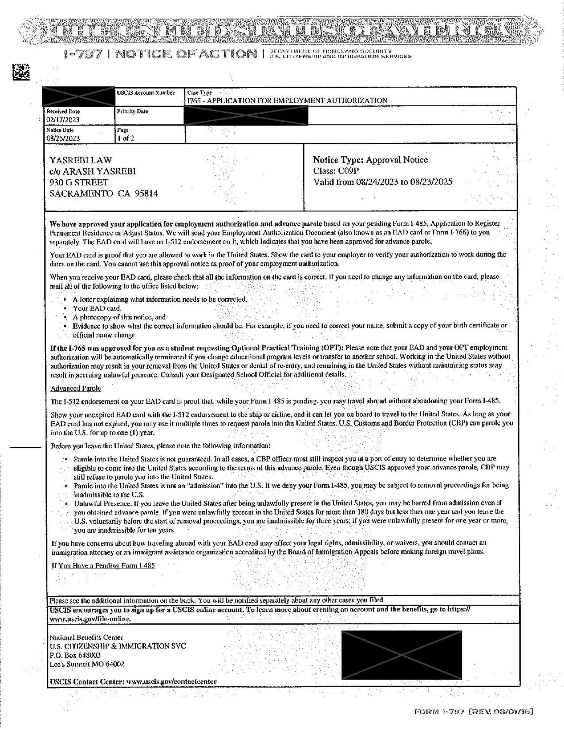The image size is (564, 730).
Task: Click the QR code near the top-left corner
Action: [x=21, y=72]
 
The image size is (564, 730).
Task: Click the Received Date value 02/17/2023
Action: [x=63, y=120]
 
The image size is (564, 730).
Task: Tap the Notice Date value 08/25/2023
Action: [x=63, y=138]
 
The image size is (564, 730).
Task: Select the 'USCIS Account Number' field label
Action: [x=146, y=93]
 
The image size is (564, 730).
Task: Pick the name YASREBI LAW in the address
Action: [x=81, y=161]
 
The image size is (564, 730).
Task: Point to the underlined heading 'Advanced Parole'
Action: [x=76, y=388]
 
